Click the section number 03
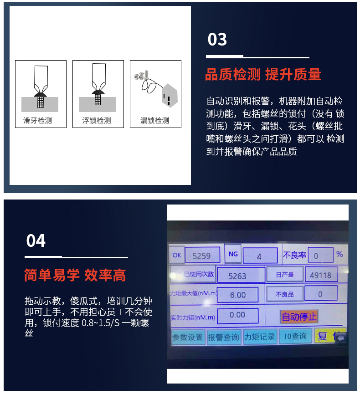point(217,40)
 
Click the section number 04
point(36,240)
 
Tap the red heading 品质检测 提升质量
point(263,74)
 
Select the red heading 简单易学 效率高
point(75,275)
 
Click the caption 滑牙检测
point(37,121)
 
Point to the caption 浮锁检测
point(96,121)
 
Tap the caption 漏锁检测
point(154,121)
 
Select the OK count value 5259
point(201,256)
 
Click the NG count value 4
point(259,256)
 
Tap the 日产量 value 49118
point(321,275)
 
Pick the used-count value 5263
point(237,276)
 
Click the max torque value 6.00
point(237,295)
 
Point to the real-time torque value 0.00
point(237,315)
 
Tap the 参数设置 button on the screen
point(187,337)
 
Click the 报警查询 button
point(223,337)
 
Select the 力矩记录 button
point(259,337)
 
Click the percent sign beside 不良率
point(339,254)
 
